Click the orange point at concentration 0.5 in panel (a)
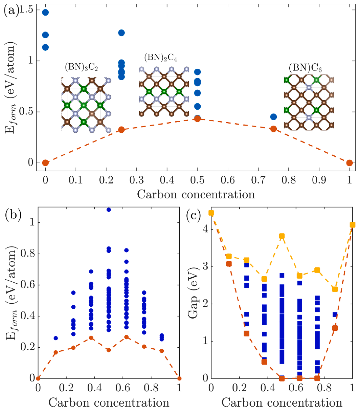pos(198,119)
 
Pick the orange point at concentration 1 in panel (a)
pos(350,163)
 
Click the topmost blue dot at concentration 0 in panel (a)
pos(45,13)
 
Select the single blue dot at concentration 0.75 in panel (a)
pos(273,117)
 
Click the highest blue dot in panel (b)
pos(109,210)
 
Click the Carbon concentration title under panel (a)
pos(197,194)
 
